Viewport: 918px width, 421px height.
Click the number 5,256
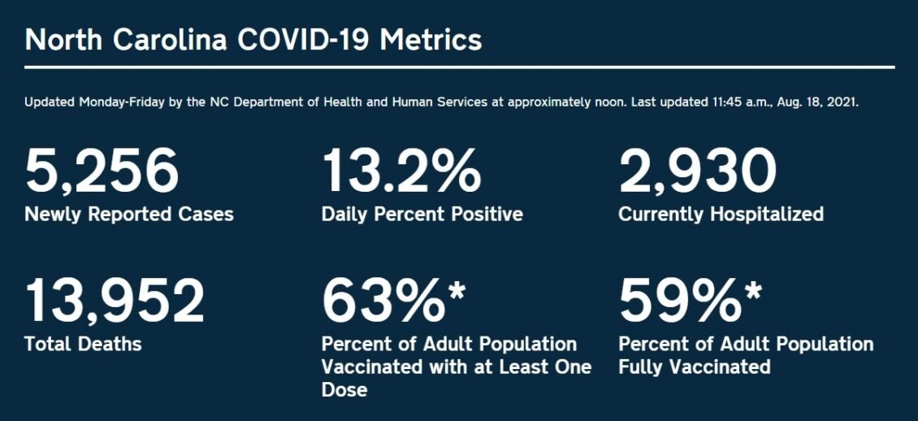[x=102, y=171]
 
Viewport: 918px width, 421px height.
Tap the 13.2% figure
[x=401, y=171]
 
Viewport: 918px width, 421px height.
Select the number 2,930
[x=698, y=171]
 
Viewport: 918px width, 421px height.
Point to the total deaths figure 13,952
[x=115, y=300]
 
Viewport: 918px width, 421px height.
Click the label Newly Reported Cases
[x=129, y=215]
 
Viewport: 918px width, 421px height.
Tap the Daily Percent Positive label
[x=422, y=215]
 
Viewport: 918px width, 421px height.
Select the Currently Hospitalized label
[x=721, y=215]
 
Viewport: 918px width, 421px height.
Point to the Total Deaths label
[x=83, y=344]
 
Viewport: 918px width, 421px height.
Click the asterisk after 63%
[x=457, y=290]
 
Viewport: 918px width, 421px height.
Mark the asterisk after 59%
[x=753, y=290]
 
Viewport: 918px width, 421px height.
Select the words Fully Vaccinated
[x=694, y=367]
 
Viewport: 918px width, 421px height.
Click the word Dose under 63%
[x=344, y=390]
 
